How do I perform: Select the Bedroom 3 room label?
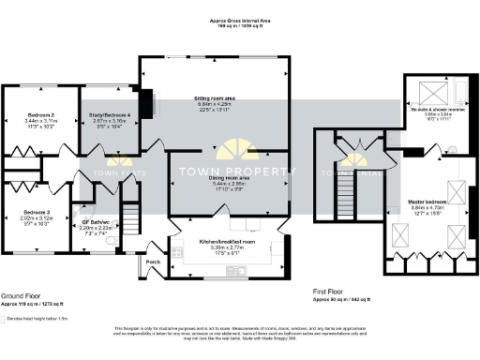[x=39, y=212]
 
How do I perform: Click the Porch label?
[x=154, y=262]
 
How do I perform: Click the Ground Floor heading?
[x=19, y=294]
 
